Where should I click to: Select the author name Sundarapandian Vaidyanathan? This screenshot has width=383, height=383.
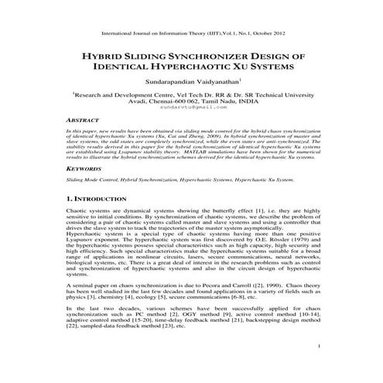click(190, 82)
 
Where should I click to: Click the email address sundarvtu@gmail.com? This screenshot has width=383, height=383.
click(191, 108)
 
